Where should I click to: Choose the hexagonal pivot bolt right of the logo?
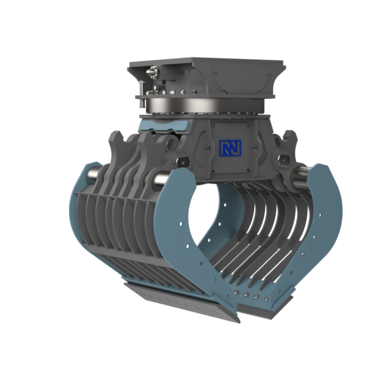coord(284,159)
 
